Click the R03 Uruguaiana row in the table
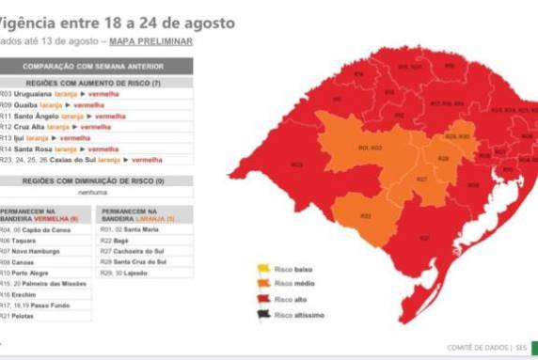pos(56,96)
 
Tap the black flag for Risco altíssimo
pos(262,314)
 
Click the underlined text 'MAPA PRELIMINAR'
pos(150,42)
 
